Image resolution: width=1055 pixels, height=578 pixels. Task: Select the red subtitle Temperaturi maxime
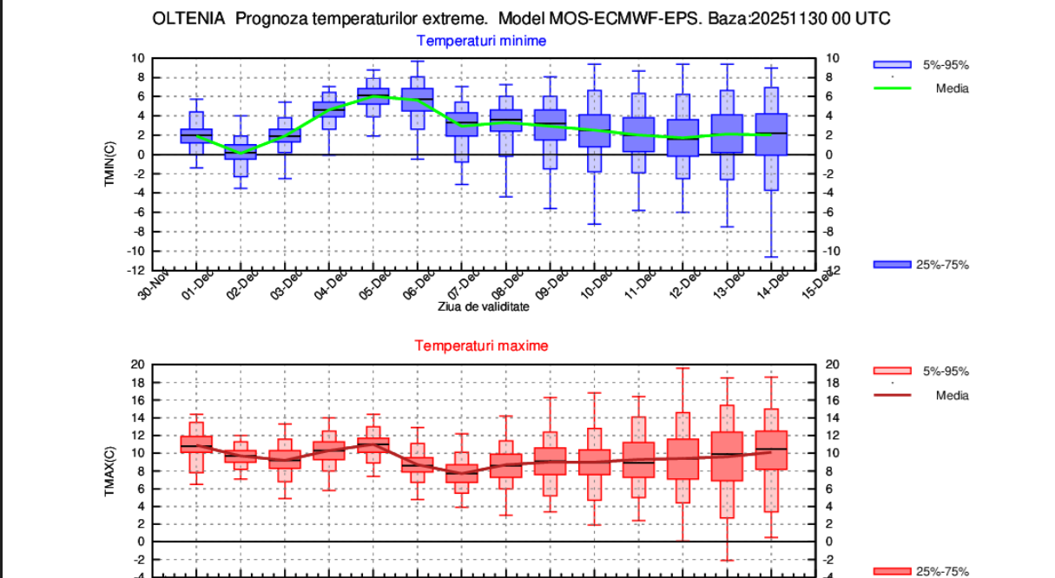[481, 345]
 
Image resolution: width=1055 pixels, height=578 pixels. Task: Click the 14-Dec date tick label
[767, 284]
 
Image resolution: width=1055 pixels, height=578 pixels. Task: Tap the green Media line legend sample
[892, 89]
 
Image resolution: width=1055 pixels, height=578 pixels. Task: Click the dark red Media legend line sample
[892, 396]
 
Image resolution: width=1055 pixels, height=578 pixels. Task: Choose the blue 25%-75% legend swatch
[892, 265]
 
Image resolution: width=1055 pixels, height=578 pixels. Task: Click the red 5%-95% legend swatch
[892, 371]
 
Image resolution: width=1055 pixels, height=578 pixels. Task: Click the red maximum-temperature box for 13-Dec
[727, 456]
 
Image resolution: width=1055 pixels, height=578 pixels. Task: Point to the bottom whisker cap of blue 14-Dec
[771, 257]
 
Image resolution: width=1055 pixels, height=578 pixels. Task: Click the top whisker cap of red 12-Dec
[682, 368]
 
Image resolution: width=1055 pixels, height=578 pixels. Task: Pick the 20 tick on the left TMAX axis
[137, 365]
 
